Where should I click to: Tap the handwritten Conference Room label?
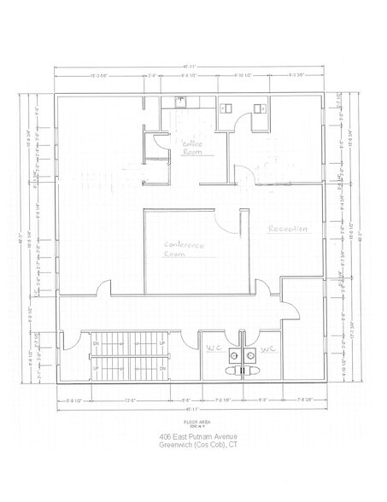[x=185, y=248]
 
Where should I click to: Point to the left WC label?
[x=213, y=348]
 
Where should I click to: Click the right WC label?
[x=267, y=349]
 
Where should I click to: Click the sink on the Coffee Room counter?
[x=180, y=101]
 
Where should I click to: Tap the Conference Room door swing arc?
[x=225, y=225]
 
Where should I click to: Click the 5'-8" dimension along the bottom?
[x=185, y=399]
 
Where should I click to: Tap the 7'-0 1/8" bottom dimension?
[x=224, y=399]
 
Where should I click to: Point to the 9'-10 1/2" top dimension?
[x=245, y=75]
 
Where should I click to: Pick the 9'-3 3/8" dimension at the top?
[x=296, y=75]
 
